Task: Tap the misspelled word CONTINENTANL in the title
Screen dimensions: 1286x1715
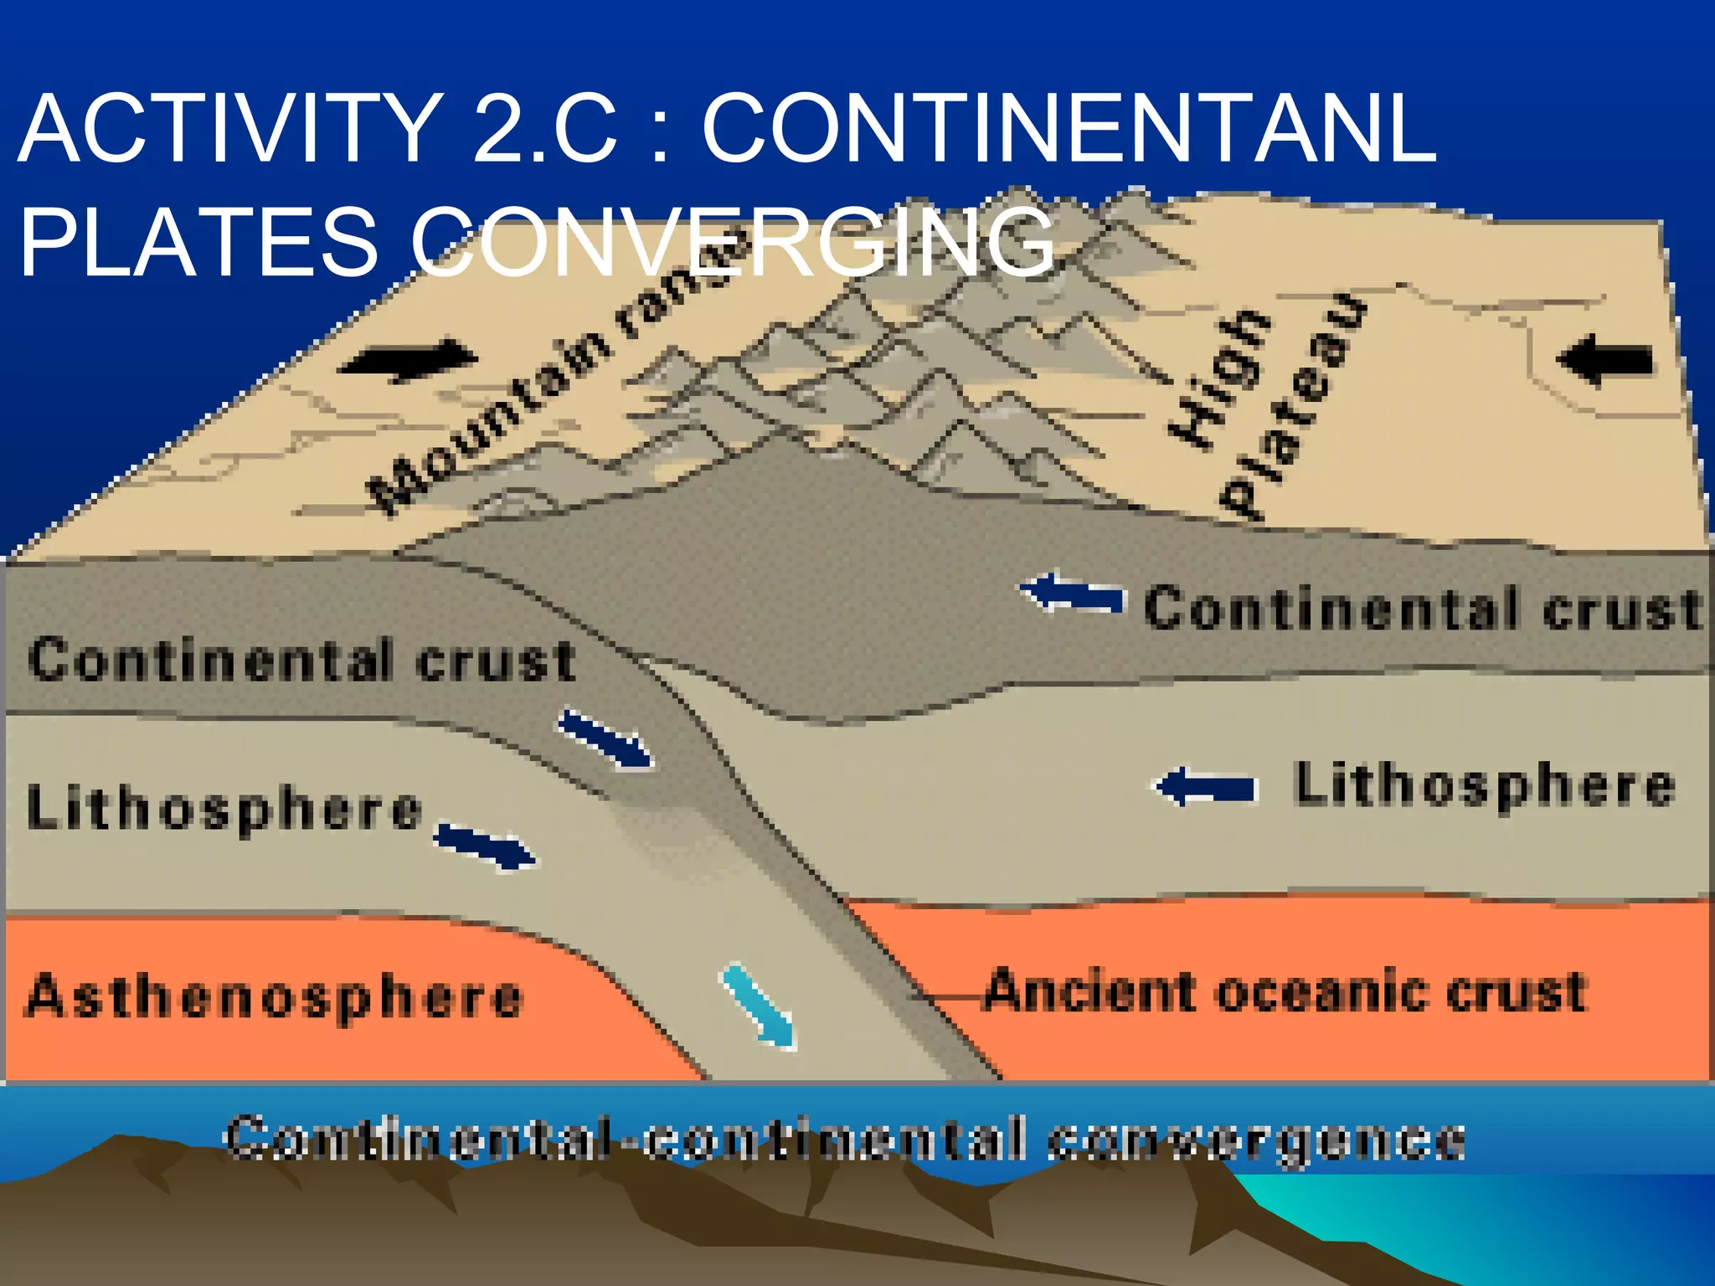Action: [1069, 130]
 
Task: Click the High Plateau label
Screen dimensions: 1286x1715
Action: [1264, 402]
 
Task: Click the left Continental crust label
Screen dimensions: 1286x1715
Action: [301, 660]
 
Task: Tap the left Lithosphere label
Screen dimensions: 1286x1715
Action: [224, 808]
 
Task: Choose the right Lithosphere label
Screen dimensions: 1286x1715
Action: [1484, 786]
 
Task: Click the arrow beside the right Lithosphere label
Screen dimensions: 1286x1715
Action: [1206, 787]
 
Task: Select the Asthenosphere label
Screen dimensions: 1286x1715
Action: [274, 996]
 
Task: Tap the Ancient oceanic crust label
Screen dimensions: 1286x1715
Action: [1285, 992]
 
